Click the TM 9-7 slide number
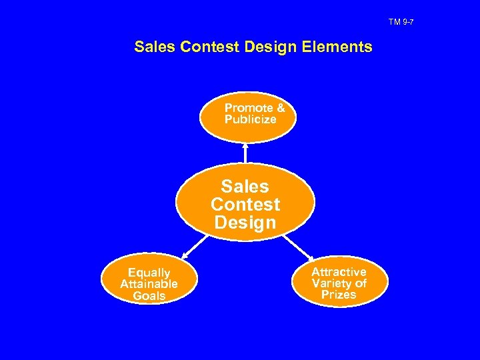[401, 23]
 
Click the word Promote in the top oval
[249, 108]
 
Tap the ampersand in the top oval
[281, 108]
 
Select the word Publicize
[250, 120]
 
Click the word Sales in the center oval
[245, 186]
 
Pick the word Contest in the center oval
[245, 204]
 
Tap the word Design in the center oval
[245, 223]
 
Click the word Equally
[149, 273]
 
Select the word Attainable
[149, 284]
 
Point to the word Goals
[149, 296]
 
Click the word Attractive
[339, 272]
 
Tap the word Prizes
[339, 295]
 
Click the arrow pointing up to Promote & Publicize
[245, 152]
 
